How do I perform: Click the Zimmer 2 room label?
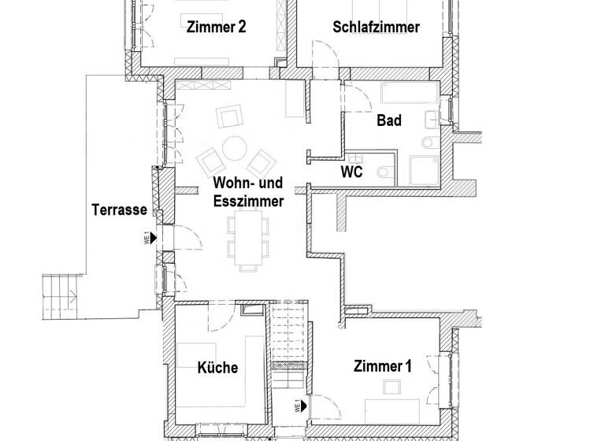[x=217, y=27]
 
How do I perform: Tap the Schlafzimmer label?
[x=376, y=27]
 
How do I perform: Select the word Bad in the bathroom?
[x=389, y=120]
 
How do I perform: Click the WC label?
[x=351, y=172]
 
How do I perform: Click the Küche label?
[x=217, y=367]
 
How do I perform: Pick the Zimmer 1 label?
[x=383, y=365]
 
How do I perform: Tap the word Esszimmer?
[x=248, y=202]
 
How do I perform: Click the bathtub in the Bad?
[x=410, y=95]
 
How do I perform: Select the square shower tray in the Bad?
[x=426, y=169]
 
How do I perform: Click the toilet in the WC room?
[x=384, y=172]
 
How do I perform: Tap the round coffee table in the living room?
[x=234, y=147]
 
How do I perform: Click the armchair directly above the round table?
[x=230, y=117]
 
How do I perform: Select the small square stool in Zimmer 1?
[x=391, y=387]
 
